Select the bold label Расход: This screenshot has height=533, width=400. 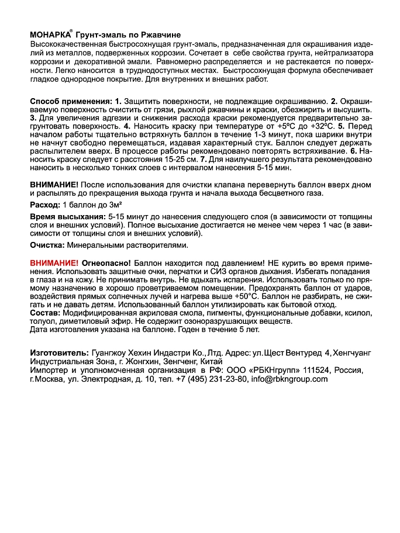tap(45, 206)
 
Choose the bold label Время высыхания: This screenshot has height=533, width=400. tap(64, 216)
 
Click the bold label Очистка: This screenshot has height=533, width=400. tap(48, 245)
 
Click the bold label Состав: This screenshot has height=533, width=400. tap(44, 313)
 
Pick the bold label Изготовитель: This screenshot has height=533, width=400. tap(58, 354)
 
